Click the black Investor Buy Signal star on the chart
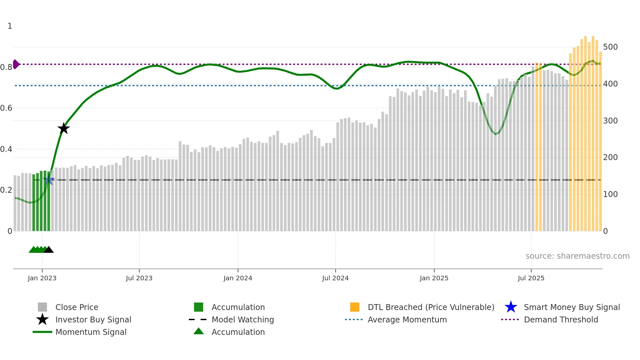pyautogui.click(x=64, y=128)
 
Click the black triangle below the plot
pyautogui.click(x=49, y=250)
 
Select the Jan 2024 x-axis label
pyautogui.click(x=238, y=278)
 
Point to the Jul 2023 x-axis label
pyautogui.click(x=139, y=278)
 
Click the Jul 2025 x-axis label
pyautogui.click(x=531, y=278)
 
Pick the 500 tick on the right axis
pyautogui.click(x=610, y=47)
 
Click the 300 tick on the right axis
pyautogui.click(x=610, y=121)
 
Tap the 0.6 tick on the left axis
pyautogui.click(x=7, y=108)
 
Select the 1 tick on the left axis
pyautogui.click(x=10, y=26)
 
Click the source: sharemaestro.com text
pyautogui.click(x=577, y=256)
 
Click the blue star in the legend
pyautogui.click(x=511, y=307)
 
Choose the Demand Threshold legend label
pyautogui.click(x=561, y=320)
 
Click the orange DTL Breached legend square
pyautogui.click(x=355, y=307)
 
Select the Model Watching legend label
pyautogui.click(x=243, y=320)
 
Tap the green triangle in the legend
pyautogui.click(x=199, y=331)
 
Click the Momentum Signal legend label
pyautogui.click(x=91, y=332)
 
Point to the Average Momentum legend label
pyautogui.click(x=407, y=320)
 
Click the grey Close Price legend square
pyautogui.click(x=42, y=307)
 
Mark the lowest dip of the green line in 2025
pyautogui.click(x=495, y=134)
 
